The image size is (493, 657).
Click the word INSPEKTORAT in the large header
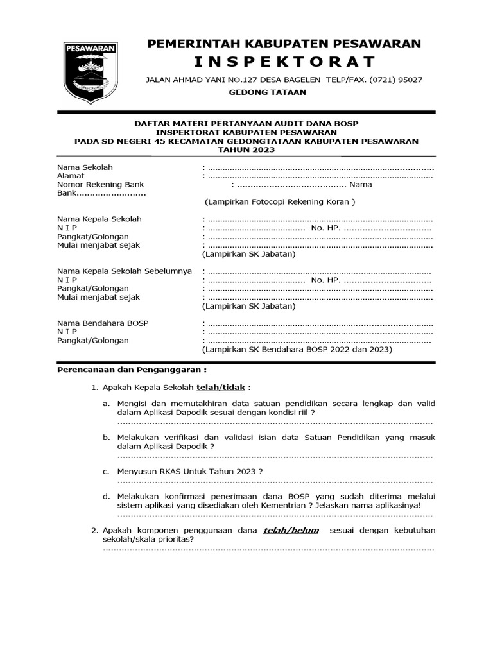284,62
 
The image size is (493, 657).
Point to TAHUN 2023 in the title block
246,149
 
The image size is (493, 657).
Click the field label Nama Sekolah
85,167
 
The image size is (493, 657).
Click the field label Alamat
71,176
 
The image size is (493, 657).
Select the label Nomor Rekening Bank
100,185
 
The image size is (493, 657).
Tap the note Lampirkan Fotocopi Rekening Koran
279,202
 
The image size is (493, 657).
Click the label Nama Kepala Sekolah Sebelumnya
125,271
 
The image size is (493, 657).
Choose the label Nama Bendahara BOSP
103,323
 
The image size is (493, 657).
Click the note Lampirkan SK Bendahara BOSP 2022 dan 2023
297,350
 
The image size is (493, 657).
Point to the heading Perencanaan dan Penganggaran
132,371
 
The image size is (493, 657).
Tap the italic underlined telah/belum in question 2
291,531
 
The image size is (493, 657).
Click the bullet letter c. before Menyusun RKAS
106,471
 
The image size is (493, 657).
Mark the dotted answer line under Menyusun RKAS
275,481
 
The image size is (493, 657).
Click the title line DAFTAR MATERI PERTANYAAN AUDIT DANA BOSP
246,124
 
